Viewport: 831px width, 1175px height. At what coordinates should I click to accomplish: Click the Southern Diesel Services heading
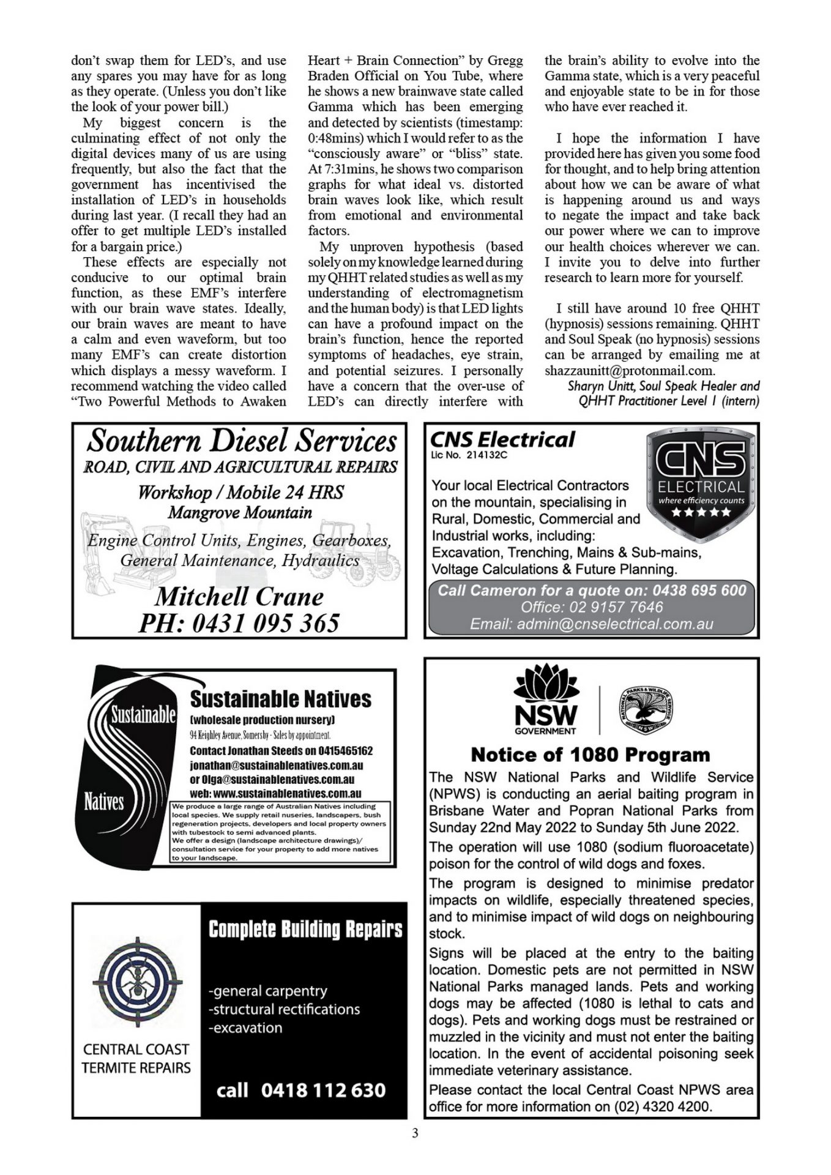coord(242,441)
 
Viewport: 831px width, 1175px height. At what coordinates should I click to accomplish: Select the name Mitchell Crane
coord(239,597)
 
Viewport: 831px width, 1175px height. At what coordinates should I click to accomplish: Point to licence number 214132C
coord(483,455)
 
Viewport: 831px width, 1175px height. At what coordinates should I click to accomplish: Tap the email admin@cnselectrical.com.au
coord(591,624)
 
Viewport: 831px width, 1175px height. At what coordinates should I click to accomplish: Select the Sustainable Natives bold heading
coord(280,699)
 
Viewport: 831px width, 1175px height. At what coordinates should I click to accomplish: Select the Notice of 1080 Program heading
coord(591,755)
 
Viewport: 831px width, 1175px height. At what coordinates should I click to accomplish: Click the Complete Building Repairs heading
coord(305,930)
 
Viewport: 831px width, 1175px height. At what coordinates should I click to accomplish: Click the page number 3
coord(416,1133)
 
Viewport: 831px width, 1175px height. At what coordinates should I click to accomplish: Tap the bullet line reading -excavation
coord(245,1028)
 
